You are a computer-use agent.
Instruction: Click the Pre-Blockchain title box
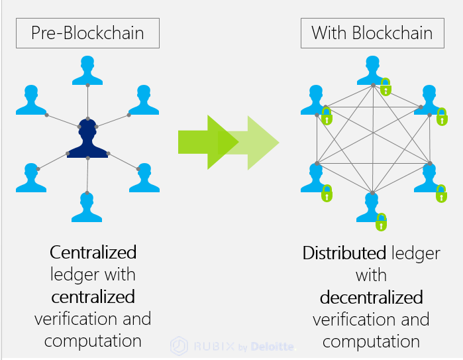87,33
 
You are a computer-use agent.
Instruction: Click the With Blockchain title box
372,32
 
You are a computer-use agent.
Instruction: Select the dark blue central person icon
87,138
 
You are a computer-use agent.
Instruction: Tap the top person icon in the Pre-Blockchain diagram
87,70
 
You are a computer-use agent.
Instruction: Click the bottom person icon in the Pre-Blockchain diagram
87,207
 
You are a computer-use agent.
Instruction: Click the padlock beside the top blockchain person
386,86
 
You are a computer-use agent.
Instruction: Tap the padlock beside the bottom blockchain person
380,222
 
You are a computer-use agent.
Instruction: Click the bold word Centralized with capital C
93,252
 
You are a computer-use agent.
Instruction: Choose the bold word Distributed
344,253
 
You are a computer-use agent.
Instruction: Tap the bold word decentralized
372,296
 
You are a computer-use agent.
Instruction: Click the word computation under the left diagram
93,341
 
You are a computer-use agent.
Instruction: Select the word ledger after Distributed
416,253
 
